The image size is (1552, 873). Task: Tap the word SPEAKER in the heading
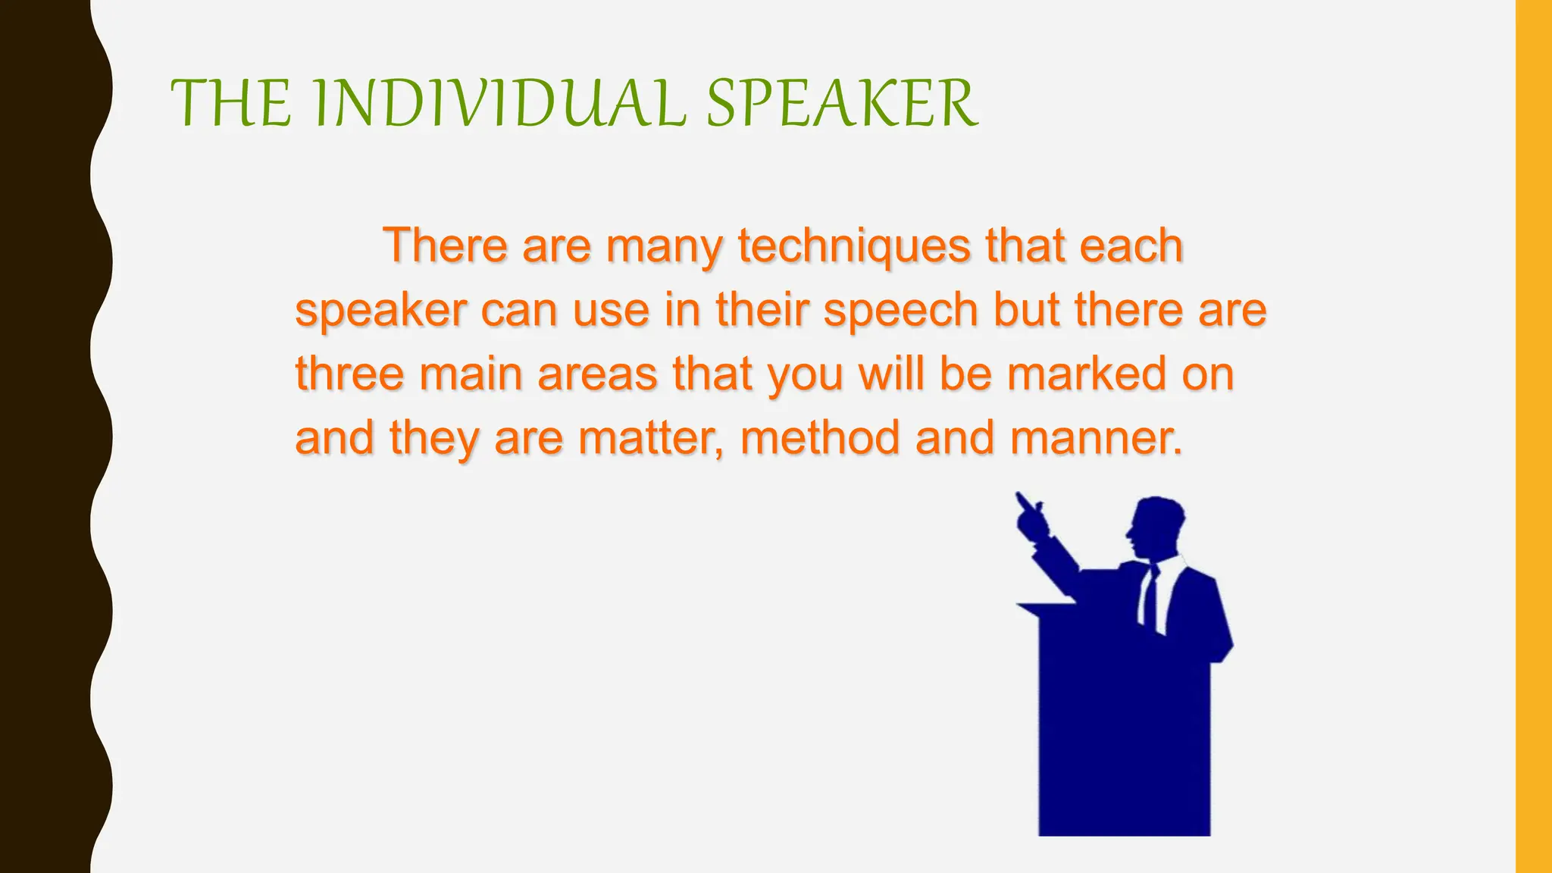coord(841,104)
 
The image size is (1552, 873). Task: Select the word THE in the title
coord(231,104)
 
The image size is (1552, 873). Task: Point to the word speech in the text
coord(901,311)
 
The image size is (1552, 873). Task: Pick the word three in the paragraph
coord(349,374)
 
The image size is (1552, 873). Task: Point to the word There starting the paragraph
coord(445,246)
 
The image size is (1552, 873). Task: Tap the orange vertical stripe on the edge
coord(1534,436)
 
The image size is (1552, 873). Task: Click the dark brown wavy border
coord(45,436)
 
